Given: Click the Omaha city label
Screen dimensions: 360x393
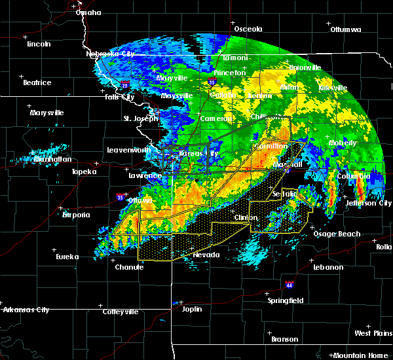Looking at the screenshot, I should click(88, 12).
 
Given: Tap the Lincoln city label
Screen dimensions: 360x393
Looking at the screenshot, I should click(39, 44).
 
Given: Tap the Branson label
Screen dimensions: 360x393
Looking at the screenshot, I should click(285, 339).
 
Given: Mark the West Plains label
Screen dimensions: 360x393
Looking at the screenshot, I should click(373, 333).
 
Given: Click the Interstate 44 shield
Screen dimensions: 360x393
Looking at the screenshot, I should click(290, 285).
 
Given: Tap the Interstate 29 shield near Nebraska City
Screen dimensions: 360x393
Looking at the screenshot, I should click(124, 85).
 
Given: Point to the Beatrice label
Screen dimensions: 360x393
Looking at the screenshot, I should click(37, 82).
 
